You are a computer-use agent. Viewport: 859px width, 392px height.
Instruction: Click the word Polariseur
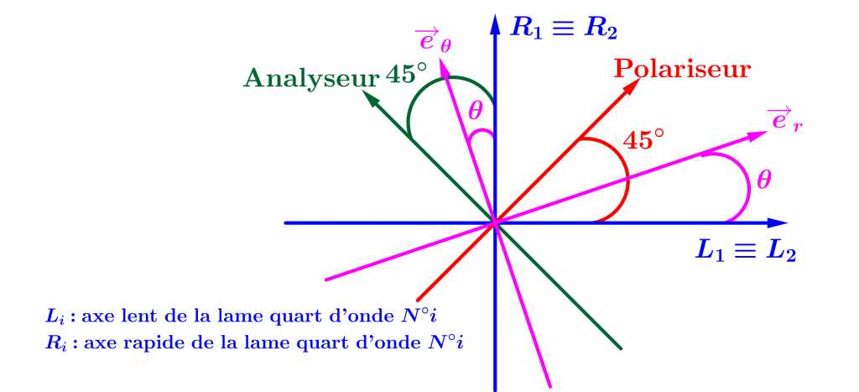coord(682,69)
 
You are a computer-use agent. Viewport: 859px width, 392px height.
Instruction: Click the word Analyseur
coord(309,78)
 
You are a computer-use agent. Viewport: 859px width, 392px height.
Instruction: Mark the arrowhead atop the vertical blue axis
coord(496,21)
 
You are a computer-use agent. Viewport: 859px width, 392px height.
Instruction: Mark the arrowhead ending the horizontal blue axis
coord(778,223)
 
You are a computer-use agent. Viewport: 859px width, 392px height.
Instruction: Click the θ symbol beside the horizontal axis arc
coord(763,179)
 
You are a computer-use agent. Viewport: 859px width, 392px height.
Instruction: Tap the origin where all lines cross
coord(496,223)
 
